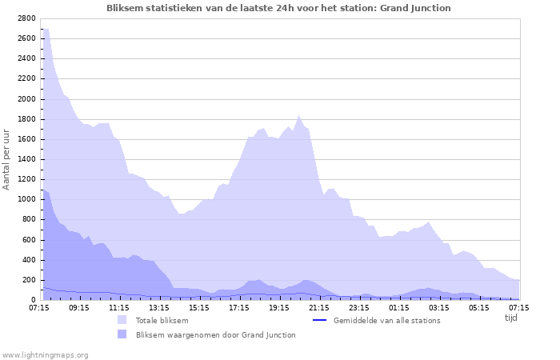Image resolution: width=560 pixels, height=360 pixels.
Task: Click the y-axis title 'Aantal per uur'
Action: coord(7,159)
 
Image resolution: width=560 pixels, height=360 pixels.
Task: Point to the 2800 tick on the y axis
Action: coord(26,18)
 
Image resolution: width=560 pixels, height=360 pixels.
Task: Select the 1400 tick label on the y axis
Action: coord(26,159)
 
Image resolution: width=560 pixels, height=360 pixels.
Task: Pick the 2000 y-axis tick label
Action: coord(26,99)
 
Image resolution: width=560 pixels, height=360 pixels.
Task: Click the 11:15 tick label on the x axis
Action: coord(119,307)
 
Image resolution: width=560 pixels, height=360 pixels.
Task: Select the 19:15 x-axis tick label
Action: coord(279,307)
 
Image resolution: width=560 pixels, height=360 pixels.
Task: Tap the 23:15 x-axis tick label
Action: coord(359,307)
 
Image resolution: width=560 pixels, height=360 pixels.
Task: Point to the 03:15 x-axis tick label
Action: coord(439,307)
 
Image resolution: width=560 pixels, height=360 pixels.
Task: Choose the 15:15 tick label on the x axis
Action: coord(199,307)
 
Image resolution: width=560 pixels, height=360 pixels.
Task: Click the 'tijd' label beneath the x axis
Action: coord(510,318)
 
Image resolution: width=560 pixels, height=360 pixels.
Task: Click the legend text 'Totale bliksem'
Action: coord(162,321)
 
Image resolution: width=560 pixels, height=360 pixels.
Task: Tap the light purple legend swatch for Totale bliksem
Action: coord(122,320)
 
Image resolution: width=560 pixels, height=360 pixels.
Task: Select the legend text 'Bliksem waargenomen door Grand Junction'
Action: coord(215,335)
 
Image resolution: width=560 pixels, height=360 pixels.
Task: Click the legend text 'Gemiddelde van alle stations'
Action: coord(386,321)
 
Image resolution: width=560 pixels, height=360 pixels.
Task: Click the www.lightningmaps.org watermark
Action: coord(45,354)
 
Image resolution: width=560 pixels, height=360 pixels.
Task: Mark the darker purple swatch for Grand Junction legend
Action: coord(122,334)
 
